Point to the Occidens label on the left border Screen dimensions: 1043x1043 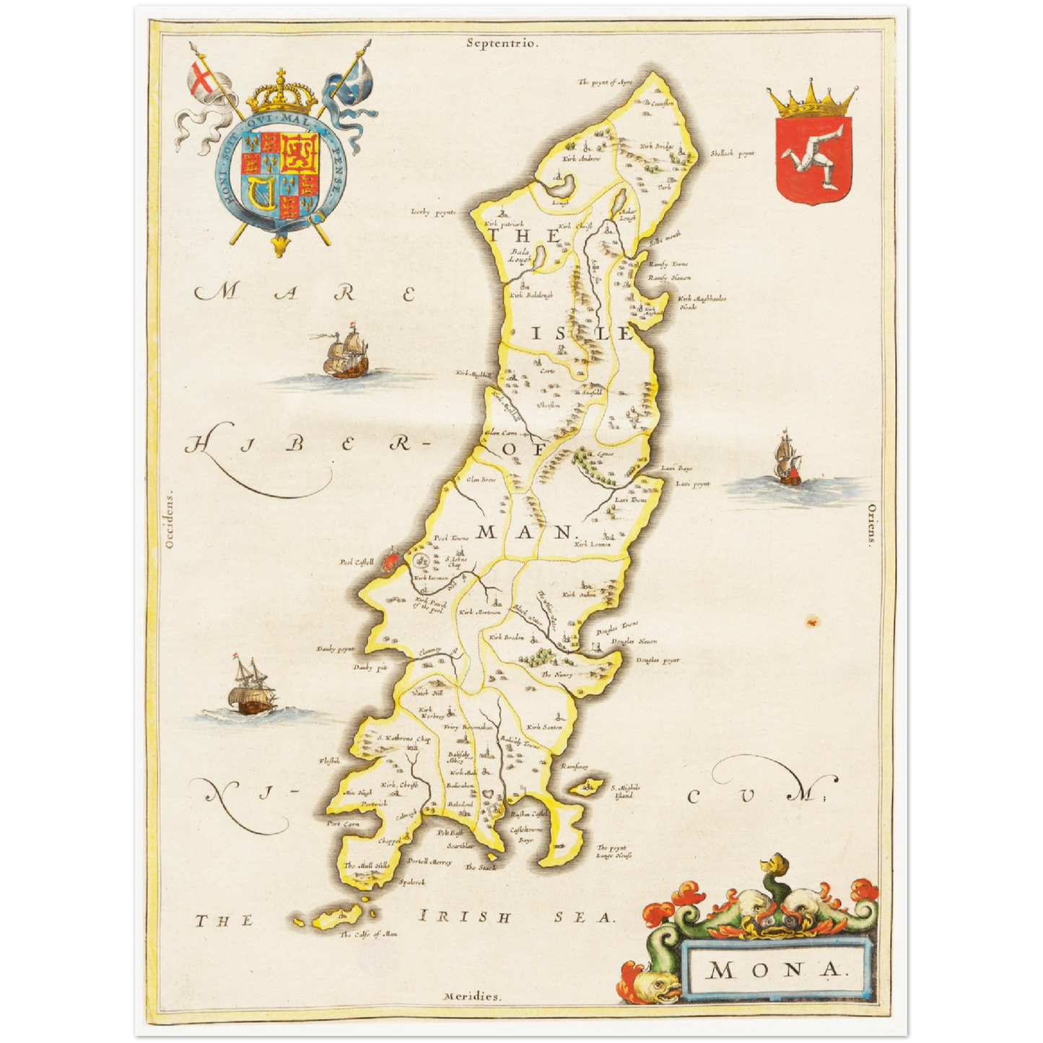tap(170, 521)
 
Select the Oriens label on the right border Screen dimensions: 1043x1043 tap(871, 528)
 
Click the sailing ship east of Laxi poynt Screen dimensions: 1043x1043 tap(787, 460)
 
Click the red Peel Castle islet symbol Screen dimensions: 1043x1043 tap(390, 560)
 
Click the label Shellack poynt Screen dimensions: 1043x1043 tap(732, 153)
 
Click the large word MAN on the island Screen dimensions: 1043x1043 tap(525, 533)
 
